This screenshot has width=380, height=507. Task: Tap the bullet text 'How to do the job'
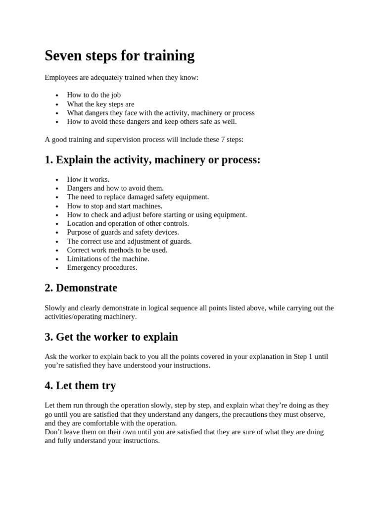pyautogui.click(x=94, y=95)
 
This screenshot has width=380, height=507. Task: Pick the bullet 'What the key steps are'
pyautogui.click(x=100, y=104)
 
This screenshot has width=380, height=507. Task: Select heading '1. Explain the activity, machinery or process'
pyautogui.click(x=152, y=160)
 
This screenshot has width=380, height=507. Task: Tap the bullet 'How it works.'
pyautogui.click(x=88, y=179)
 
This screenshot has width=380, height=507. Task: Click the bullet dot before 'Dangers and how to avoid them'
pyautogui.click(x=57, y=189)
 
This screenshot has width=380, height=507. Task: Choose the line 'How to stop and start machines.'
pyautogui.click(x=114, y=206)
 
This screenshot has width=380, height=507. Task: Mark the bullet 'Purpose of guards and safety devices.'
pyautogui.click(x=123, y=232)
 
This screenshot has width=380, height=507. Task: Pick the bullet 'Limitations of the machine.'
pyautogui.click(x=108, y=258)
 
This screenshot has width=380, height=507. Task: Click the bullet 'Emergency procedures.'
pyautogui.click(x=102, y=267)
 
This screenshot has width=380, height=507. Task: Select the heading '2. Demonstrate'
pyautogui.click(x=81, y=288)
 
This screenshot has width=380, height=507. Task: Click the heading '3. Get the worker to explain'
pyautogui.click(x=111, y=337)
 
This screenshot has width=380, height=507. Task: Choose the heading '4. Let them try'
pyautogui.click(x=80, y=385)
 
